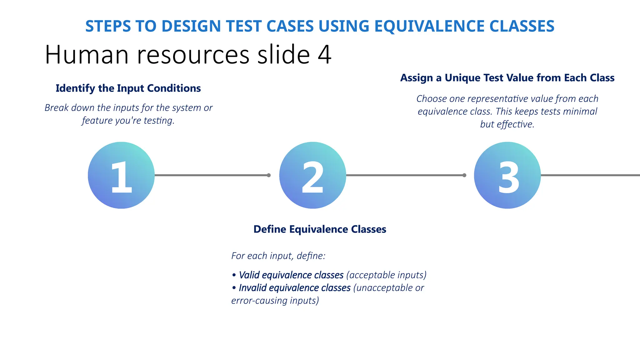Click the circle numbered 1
121,175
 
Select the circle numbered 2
312,175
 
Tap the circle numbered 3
507,175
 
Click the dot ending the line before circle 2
269,175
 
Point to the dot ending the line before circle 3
464,175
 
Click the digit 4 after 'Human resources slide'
324,55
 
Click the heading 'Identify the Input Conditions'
128,88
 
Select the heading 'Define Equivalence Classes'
320,229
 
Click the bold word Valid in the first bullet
249,275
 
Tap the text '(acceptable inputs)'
386,275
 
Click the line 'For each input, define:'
278,256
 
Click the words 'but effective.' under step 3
507,124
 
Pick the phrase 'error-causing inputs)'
275,301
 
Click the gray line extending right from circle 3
591,175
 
